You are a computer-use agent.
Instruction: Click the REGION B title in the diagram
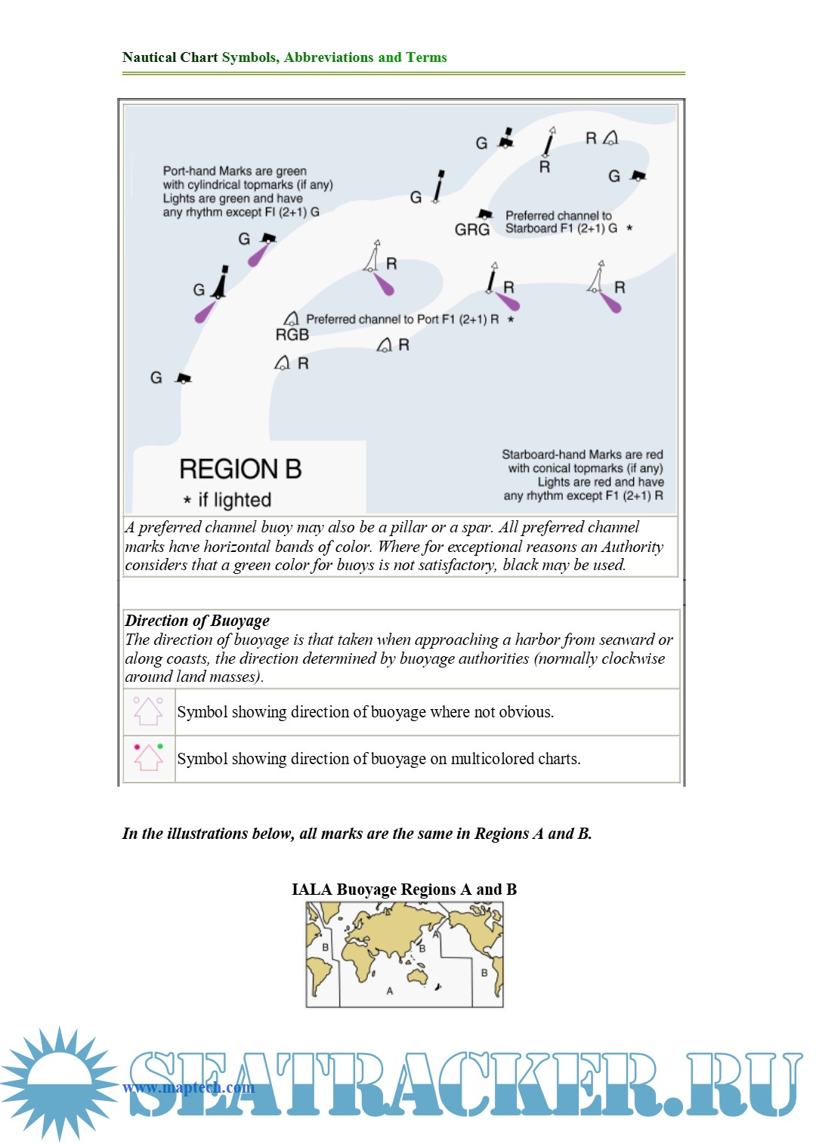tap(240, 469)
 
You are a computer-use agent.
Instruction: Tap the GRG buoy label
tap(472, 230)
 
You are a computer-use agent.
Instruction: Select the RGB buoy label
tap(292, 335)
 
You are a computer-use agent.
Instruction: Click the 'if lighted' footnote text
tap(227, 500)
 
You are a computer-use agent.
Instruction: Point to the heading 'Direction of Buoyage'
tap(197, 621)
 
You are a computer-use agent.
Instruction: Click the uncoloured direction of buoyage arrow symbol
tap(148, 711)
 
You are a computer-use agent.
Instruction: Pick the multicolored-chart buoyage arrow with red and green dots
tap(148, 757)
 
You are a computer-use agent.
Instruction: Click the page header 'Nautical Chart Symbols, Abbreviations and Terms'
tap(284, 57)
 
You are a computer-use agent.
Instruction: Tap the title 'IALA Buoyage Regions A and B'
tap(404, 890)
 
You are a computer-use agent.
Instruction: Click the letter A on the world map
tap(390, 991)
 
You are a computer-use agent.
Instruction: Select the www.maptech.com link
tap(189, 1087)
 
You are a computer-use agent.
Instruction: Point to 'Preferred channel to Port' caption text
tap(402, 319)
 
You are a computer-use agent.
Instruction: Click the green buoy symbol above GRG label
tap(485, 214)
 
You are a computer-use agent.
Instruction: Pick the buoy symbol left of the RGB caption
tap(291, 319)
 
